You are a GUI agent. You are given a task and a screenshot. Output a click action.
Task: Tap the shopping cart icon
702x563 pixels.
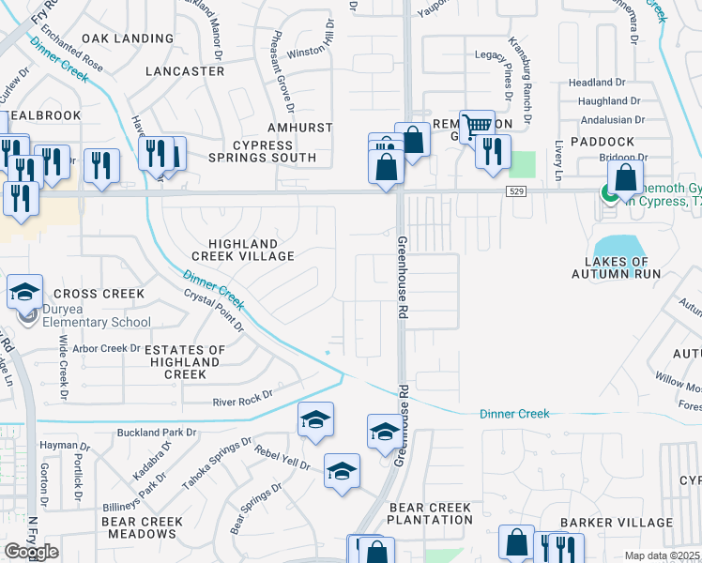click(x=478, y=126)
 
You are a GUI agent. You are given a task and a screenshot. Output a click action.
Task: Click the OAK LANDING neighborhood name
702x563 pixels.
click(x=128, y=38)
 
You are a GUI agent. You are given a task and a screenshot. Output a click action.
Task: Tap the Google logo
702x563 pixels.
click(x=31, y=551)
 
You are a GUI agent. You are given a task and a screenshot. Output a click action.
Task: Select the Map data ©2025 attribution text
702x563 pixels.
click(x=663, y=555)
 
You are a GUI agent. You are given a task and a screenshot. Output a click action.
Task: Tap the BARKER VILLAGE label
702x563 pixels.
click(x=616, y=523)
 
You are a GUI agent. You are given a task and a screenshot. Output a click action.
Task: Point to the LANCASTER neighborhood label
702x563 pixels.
click(x=186, y=71)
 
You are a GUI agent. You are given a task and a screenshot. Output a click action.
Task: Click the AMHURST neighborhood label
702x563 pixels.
click(x=274, y=126)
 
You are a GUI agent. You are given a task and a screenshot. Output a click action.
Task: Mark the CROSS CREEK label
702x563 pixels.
click(x=99, y=294)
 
